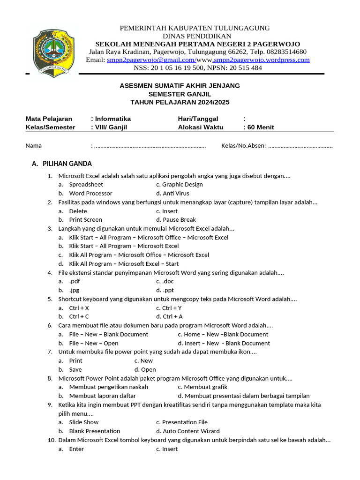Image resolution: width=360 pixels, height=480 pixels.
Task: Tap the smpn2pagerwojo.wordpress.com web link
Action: tap(261, 60)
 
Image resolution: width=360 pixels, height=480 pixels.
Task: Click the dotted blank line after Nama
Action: tap(150, 146)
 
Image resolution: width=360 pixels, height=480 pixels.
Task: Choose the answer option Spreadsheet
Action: tap(86, 185)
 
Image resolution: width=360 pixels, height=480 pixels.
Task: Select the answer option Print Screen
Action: tap(85, 219)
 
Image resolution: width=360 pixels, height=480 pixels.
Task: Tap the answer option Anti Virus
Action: tap(176, 193)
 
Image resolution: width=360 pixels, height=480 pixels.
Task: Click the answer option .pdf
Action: tap(75, 281)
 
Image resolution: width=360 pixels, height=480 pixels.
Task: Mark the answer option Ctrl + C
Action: tap(79, 316)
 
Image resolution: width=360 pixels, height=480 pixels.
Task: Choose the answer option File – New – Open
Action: tap(94, 343)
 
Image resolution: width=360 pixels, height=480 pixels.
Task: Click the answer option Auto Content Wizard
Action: tap(191, 431)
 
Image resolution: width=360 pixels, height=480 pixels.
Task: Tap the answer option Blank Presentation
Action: tap(94, 431)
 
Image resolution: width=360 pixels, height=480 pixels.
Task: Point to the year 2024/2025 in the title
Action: tap(209, 102)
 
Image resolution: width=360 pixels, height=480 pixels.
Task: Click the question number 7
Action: tap(50, 352)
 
